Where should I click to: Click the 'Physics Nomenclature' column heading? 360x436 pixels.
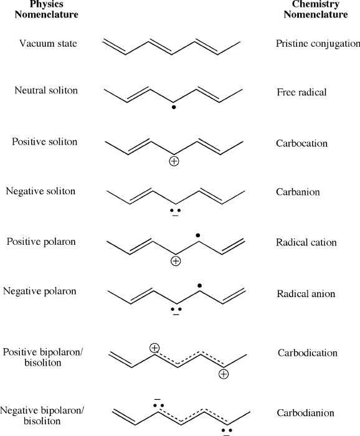[47, 9]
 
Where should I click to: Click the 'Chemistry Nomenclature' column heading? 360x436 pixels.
[316, 9]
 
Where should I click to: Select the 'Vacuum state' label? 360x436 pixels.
[48, 44]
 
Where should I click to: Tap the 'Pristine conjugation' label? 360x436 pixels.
[318, 44]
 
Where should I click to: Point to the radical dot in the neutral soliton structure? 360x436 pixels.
[174, 107]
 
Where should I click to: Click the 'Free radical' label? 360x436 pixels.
[301, 92]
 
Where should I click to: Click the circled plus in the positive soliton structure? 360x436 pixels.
[174, 161]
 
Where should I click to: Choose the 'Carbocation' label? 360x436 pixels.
[301, 143]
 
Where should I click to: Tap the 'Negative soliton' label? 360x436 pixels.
[40, 191]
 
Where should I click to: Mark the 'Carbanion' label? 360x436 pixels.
[298, 192]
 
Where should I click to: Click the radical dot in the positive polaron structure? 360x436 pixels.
[197, 235]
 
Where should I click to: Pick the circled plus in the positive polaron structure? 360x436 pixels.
[176, 261]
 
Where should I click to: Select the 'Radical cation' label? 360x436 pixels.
[306, 242]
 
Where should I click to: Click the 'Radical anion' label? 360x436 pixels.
[306, 294]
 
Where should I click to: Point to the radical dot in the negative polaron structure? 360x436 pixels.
[199, 285]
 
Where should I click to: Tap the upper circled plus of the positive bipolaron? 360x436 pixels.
[154, 348]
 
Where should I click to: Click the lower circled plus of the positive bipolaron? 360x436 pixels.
[224, 374]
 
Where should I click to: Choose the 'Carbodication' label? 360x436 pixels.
[308, 353]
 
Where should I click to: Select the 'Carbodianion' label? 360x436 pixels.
[306, 413]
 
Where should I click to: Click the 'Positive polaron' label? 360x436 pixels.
[41, 242]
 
